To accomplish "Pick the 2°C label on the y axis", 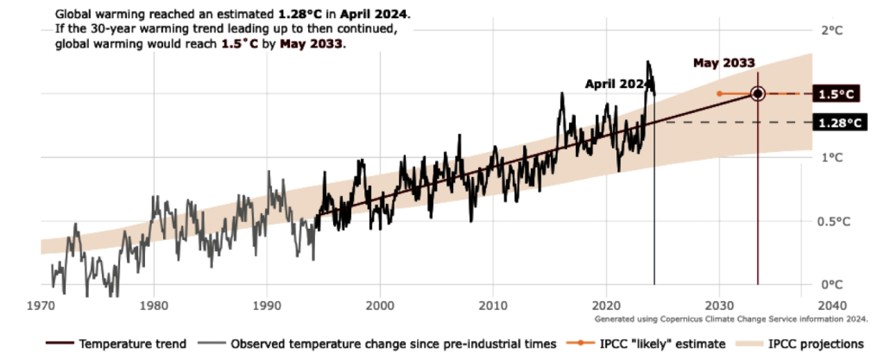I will [830, 30].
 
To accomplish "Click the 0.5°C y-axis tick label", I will [837, 221].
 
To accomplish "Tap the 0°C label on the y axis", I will [830, 285].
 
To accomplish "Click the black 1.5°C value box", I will [838, 94].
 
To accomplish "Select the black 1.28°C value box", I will [838, 123].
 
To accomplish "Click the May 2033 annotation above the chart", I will [725, 63].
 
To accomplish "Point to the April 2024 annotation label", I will [616, 84].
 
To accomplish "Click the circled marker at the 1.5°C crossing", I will [758, 93].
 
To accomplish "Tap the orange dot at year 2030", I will [719, 93].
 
